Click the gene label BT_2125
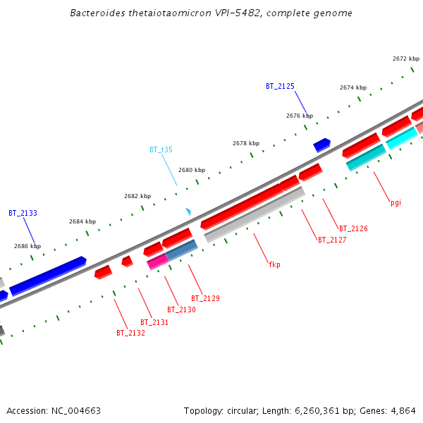pos(280,86)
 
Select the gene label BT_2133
pos(23,213)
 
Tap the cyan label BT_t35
pos(161,149)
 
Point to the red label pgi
pos(396,202)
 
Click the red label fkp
pos(274,264)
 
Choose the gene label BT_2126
pos(353,228)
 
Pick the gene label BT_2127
pos(332,240)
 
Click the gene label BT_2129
pos(205,298)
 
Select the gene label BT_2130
pos(181,309)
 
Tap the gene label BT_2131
pos(154,322)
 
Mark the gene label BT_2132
pos(130,333)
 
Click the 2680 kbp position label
pos(192,170)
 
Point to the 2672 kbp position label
pos(405,59)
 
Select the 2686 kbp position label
pos(27,247)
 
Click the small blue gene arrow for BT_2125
pos(321,145)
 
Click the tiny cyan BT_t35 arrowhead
pos(188,211)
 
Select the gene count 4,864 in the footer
pos(403,410)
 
